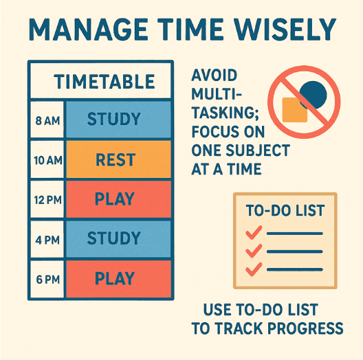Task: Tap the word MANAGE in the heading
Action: click(88, 30)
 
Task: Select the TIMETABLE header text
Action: click(104, 82)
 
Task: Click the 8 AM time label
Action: click(47, 121)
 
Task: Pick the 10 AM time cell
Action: click(47, 160)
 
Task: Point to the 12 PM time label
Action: click(47, 200)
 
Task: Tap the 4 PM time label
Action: click(47, 240)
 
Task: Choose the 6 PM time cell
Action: click(47, 279)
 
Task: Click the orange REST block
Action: click(118, 159)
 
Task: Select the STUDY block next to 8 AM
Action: click(118, 120)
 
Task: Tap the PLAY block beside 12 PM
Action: click(118, 199)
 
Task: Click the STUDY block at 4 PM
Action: click(118, 239)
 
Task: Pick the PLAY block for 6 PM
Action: click(118, 279)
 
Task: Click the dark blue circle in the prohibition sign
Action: click(313, 95)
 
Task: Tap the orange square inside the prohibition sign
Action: click(295, 110)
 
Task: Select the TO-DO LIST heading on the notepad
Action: click(285, 210)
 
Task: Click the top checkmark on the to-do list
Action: click(254, 232)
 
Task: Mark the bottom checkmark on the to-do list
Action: click(254, 269)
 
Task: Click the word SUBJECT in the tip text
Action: click(258, 150)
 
